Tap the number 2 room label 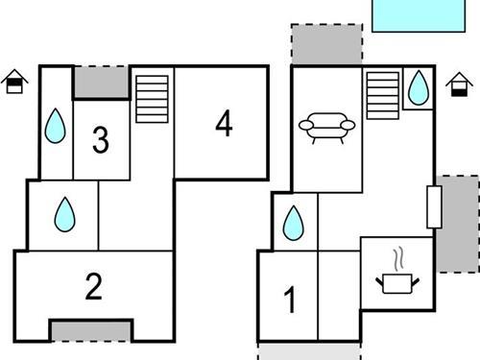[93, 286]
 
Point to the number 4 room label [224, 124]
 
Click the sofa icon [326, 127]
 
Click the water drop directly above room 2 [64, 213]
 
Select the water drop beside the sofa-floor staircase [418, 88]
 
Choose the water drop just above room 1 [293, 224]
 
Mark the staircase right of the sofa [382, 95]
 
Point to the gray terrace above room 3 [101, 82]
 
